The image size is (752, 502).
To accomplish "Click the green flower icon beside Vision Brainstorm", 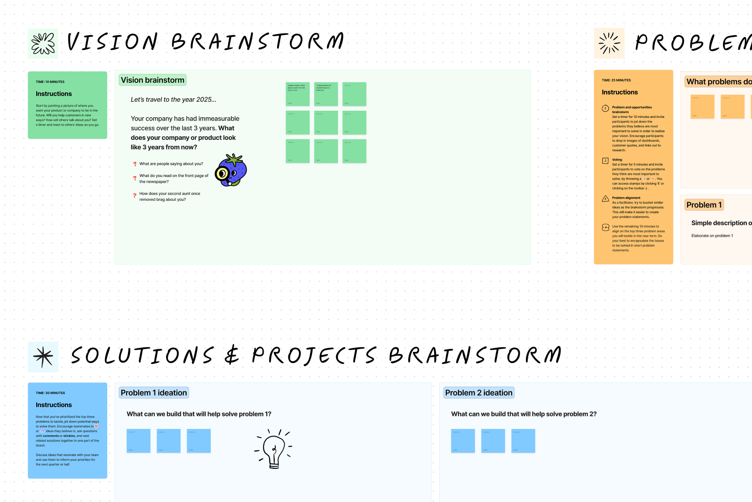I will [43, 43].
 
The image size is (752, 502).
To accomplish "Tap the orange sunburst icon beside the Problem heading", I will [609, 43].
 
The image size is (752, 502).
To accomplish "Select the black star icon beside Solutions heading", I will [43, 357].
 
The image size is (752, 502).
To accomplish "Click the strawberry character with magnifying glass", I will [231, 170].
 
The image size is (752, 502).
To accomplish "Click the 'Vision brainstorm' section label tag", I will [153, 80].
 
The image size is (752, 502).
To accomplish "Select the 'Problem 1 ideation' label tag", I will [154, 393].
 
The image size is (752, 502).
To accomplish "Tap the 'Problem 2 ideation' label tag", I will [479, 393].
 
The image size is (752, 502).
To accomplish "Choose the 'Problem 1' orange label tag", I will [704, 205].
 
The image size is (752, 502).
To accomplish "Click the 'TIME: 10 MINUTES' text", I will [50, 82].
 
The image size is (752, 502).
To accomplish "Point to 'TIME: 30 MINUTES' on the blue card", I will [50, 393].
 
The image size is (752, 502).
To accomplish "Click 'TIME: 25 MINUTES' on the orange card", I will [616, 80].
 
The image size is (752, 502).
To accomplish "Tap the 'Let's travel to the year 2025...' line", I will [173, 100].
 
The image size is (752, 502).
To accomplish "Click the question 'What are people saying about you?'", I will [171, 164].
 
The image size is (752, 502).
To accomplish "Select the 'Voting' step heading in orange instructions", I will [617, 160].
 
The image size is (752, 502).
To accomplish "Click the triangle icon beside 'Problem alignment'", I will [605, 199].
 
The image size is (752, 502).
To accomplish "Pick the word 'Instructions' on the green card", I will [54, 94].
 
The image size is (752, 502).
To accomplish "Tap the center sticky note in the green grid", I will [326, 122].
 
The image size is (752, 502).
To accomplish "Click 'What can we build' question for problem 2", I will [524, 414].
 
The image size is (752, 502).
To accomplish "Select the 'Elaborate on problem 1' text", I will [712, 236].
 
